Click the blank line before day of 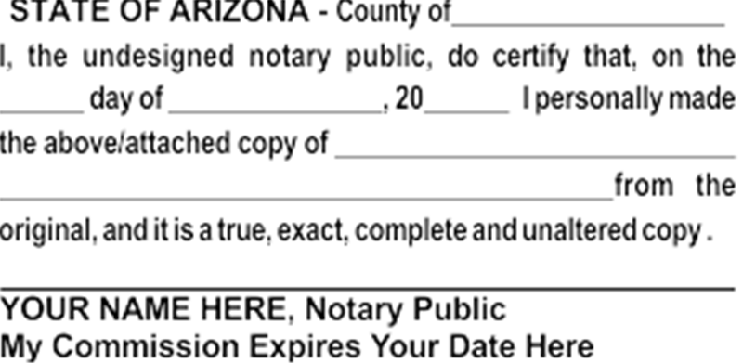click(42, 110)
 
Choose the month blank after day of click(277, 110)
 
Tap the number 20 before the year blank click(408, 99)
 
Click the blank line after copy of click(535, 154)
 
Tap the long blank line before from click(306, 197)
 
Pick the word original click(45, 228)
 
